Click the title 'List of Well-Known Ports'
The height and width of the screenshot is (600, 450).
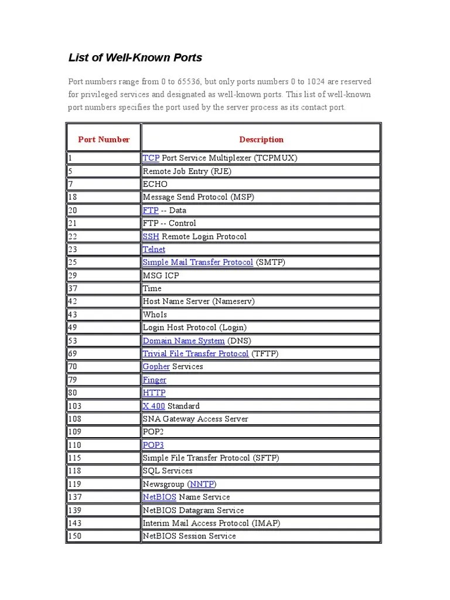[x=135, y=57]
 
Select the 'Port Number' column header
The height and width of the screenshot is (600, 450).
[x=104, y=139]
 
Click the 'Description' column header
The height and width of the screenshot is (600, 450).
[x=261, y=139]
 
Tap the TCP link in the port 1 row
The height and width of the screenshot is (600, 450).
[x=151, y=158]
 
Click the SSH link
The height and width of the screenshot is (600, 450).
[x=151, y=237]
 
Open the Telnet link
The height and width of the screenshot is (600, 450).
[x=154, y=250]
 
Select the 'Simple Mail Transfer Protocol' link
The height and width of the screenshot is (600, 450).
[x=197, y=262]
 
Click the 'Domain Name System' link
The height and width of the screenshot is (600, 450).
[x=183, y=340]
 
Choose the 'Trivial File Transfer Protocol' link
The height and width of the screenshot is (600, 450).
[x=196, y=354]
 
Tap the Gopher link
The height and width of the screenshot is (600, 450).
[x=156, y=367]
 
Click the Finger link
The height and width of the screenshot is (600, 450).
[x=155, y=380]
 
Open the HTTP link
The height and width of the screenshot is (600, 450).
[x=154, y=393]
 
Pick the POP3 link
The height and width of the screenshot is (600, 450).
[x=153, y=445]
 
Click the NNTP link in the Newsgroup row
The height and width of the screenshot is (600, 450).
[x=202, y=484]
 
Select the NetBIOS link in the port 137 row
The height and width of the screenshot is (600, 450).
[x=159, y=497]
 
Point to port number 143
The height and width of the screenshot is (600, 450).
[x=74, y=523]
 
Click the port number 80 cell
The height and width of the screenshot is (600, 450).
[x=73, y=393]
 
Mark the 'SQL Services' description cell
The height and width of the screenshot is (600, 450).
[x=168, y=471]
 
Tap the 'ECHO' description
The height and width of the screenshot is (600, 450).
[x=155, y=185]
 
